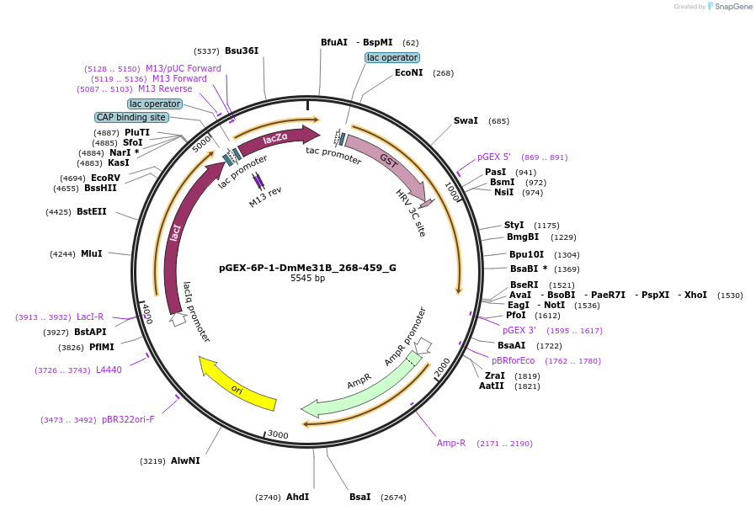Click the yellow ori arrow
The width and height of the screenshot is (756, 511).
pyautogui.click(x=237, y=386)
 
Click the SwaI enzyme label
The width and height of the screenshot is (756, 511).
pyautogui.click(x=466, y=120)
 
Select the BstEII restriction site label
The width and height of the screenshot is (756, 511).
pyautogui.click(x=92, y=211)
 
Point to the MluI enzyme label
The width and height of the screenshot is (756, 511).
pyautogui.click(x=91, y=253)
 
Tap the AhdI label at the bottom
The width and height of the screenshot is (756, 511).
pyautogui.click(x=297, y=497)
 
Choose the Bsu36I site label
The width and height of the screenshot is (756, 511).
pyautogui.click(x=242, y=51)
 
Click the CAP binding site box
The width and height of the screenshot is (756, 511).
pyautogui.click(x=130, y=117)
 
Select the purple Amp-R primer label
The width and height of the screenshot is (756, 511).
pyautogui.click(x=451, y=443)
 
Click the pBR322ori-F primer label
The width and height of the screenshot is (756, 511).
pyautogui.click(x=128, y=419)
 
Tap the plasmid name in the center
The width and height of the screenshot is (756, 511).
pyautogui.click(x=307, y=268)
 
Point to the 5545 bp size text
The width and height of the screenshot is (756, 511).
pyautogui.click(x=307, y=279)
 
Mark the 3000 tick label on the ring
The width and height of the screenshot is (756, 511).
pyautogui.click(x=278, y=434)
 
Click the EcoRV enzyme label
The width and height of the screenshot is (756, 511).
pyautogui.click(x=105, y=178)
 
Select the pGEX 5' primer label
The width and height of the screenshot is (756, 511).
pyautogui.click(x=493, y=157)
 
